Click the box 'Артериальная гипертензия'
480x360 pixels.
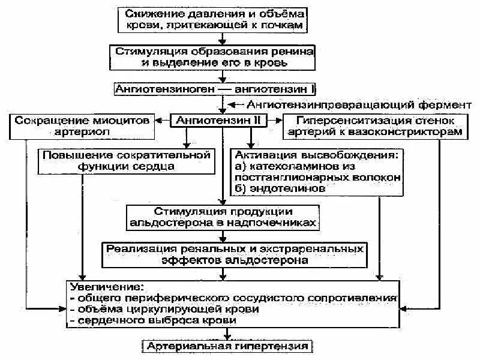(226, 347)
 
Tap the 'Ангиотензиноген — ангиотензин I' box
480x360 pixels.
(223, 88)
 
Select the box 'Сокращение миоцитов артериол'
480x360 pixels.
(82, 125)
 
